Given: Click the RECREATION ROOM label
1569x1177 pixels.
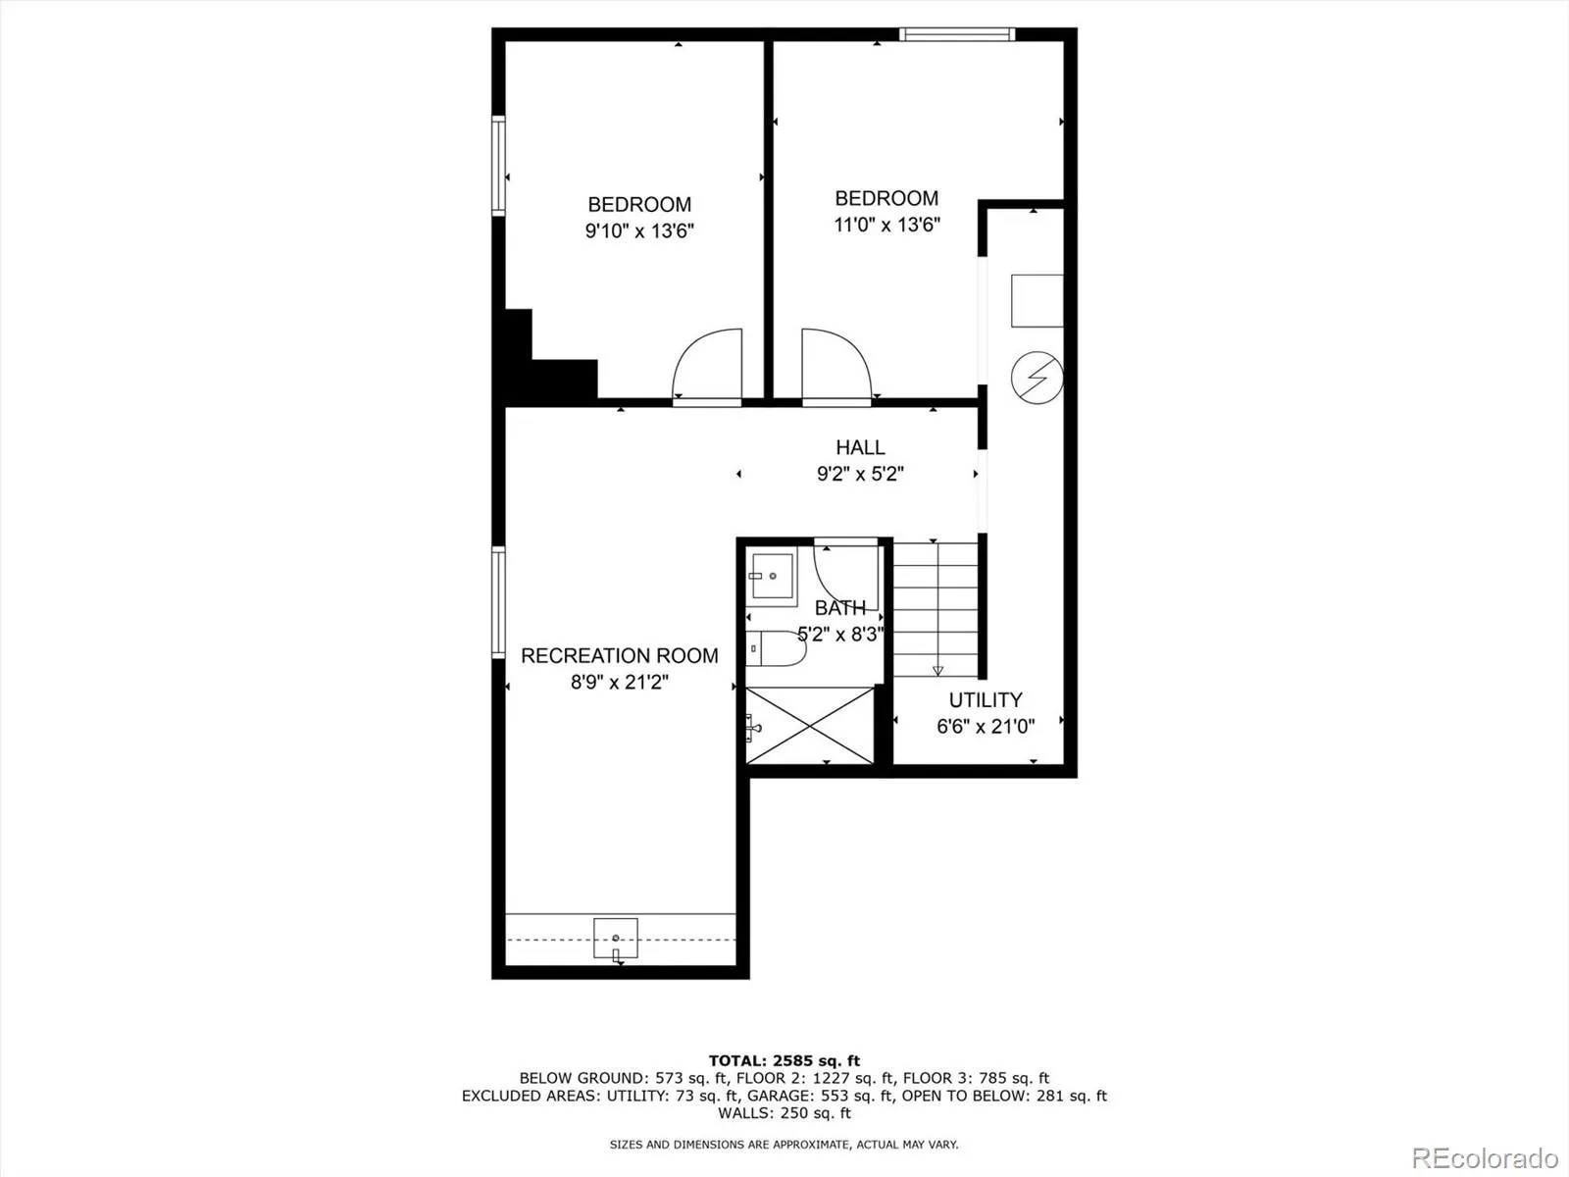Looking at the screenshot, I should click(x=619, y=655).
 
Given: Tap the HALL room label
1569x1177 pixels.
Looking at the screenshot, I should click(x=860, y=447).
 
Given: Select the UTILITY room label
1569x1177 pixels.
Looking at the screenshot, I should click(x=985, y=699).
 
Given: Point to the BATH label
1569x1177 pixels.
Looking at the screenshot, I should click(x=840, y=608).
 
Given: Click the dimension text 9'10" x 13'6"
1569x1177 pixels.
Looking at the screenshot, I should click(x=639, y=231).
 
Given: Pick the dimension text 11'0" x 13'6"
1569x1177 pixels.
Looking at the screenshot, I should click(x=886, y=225).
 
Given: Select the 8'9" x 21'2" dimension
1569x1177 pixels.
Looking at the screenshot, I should click(x=619, y=682).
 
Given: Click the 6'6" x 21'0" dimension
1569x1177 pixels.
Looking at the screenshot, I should click(x=985, y=726).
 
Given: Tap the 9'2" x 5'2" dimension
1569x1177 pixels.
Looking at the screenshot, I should click(x=860, y=474).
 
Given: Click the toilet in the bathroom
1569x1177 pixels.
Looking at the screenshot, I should click(x=776, y=648).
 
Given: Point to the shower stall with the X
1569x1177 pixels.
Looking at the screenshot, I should click(x=809, y=725).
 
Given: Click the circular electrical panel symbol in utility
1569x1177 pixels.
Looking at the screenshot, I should click(x=1037, y=377).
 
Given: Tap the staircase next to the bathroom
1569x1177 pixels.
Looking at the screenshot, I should click(x=936, y=608).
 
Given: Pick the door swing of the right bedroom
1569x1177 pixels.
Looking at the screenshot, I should click(x=835, y=365).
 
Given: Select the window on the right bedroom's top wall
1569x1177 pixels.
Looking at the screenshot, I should click(x=956, y=35).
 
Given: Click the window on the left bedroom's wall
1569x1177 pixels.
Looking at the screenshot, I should click(x=498, y=165).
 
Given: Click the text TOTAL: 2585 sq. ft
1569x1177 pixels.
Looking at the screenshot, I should click(x=784, y=1060).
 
